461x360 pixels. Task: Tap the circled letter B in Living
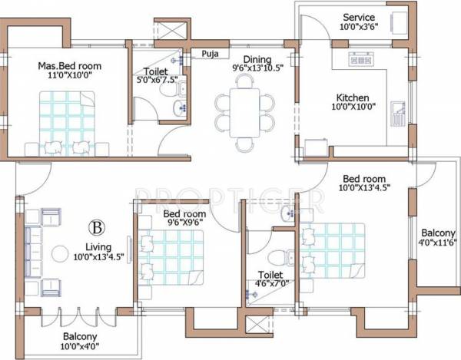pos(96,227)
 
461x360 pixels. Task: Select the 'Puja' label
pos(208,54)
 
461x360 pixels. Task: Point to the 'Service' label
pos(359,17)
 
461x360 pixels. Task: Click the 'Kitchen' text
pos(353,98)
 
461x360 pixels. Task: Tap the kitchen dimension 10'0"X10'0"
pos(353,108)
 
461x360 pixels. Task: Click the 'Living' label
pos(97,248)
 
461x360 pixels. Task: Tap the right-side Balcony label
pos(436,234)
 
